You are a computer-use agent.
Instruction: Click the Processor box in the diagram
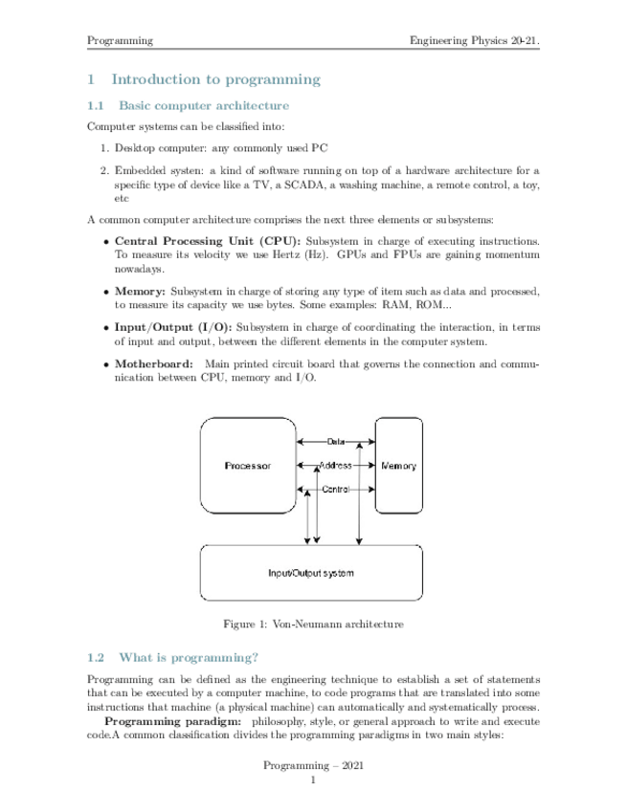[248, 466]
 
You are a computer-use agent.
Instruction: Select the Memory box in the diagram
[398, 466]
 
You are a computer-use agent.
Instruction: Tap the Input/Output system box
[310, 573]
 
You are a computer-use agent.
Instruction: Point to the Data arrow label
[336, 442]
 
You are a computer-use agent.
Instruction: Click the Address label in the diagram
[335, 466]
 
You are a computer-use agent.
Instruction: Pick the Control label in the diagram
[335, 489]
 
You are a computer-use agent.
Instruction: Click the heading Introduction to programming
[215, 80]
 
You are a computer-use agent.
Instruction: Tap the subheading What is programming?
[187, 658]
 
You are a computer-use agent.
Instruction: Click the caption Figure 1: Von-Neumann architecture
[313, 625]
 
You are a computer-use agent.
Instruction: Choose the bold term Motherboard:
[154, 362]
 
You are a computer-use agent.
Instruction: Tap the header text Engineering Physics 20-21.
[474, 40]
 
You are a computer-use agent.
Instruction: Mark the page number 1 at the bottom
[313, 781]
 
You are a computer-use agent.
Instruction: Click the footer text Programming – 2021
[313, 767]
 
